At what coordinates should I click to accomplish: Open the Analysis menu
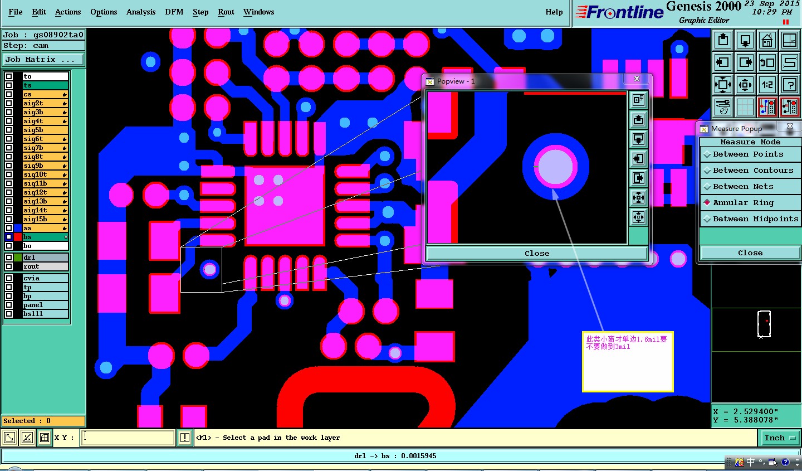tap(141, 12)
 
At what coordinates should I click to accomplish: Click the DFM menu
tap(174, 12)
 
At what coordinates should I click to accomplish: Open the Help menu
tap(554, 12)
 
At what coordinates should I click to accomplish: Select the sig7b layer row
tap(45, 148)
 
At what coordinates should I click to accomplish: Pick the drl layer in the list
tap(45, 258)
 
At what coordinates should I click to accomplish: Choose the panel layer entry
tap(45, 305)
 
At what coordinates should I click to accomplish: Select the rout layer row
tap(45, 266)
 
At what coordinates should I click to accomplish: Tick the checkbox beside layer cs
tap(9, 94)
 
